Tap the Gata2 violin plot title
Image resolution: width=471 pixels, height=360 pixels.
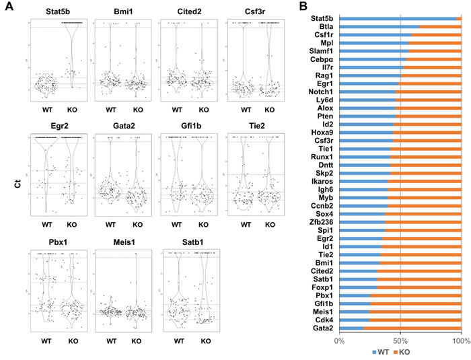(121, 125)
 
